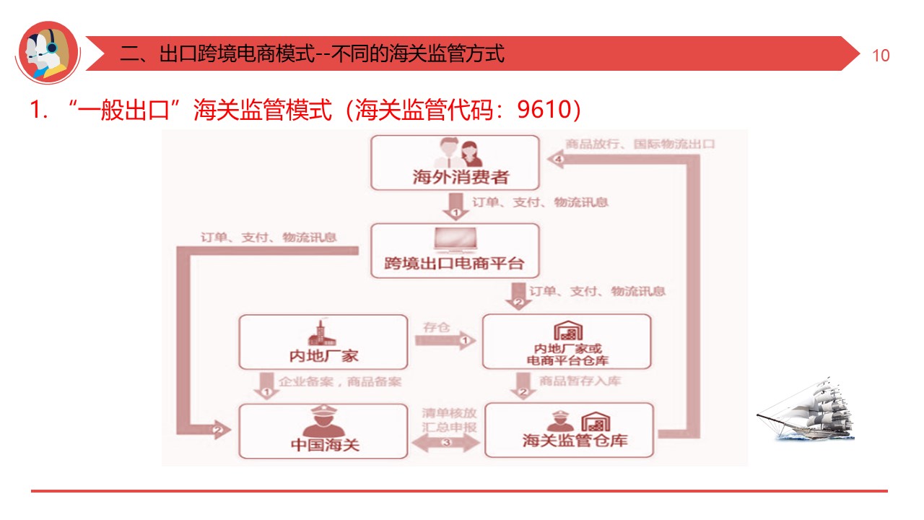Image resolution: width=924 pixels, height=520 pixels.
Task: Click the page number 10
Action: pos(881,56)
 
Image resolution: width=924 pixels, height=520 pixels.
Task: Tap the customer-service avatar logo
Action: pos(48,52)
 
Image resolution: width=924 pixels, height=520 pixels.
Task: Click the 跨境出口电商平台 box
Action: pos(455,251)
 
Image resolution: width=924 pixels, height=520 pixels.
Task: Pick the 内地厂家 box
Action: pos(323,342)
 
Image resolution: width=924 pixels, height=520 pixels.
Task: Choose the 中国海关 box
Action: pos(323,430)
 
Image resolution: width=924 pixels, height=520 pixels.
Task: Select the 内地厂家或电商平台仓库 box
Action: pos(566,342)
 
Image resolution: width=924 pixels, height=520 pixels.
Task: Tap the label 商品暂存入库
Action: pos(580,381)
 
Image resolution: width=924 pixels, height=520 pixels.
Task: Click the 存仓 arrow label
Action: pos(435,328)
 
